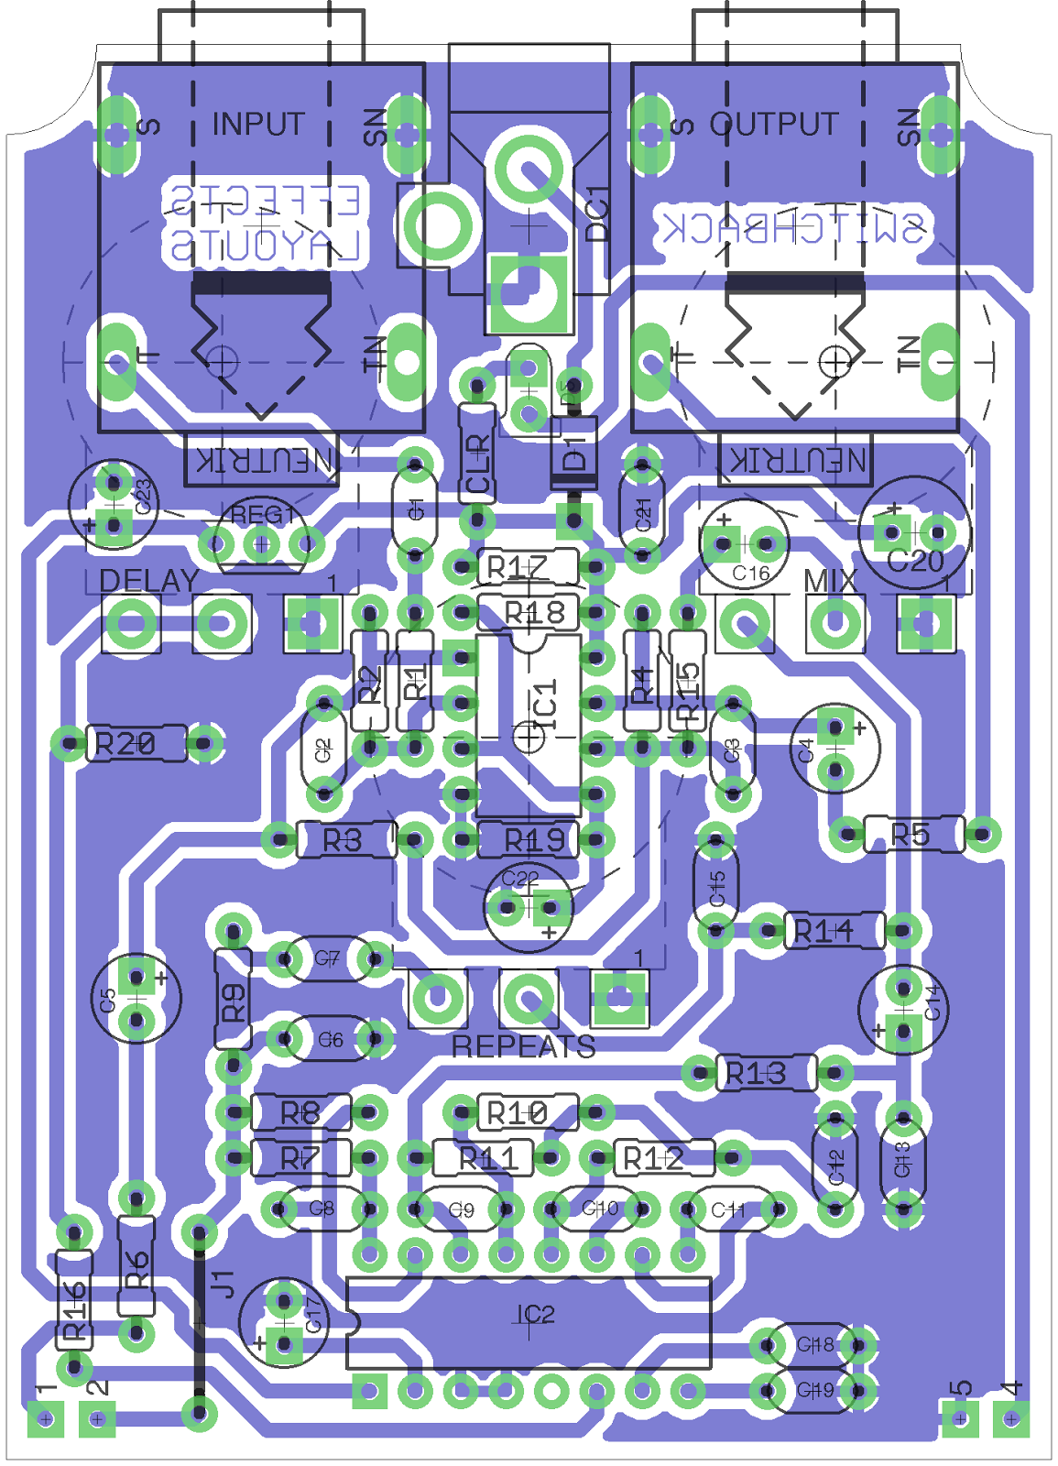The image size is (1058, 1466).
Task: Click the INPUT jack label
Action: click(x=257, y=124)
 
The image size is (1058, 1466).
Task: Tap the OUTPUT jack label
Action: click(x=774, y=124)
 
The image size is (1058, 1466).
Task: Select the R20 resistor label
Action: click(x=125, y=744)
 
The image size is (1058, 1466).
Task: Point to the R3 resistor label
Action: click(x=343, y=840)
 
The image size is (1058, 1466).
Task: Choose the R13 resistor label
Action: click(x=755, y=1073)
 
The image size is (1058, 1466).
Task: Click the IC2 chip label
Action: click(x=535, y=1315)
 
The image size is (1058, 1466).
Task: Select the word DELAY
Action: click(x=148, y=581)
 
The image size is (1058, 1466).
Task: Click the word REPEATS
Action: click(x=523, y=1046)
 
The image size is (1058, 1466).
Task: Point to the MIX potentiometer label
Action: click(x=830, y=581)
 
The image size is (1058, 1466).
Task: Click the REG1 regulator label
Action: click(x=262, y=516)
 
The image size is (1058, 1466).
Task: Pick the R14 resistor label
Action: click(x=823, y=932)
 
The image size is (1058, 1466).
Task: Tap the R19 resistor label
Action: click(x=535, y=840)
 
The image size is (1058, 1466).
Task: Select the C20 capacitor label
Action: click(x=915, y=561)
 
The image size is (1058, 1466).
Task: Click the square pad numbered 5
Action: click(x=959, y=1419)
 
